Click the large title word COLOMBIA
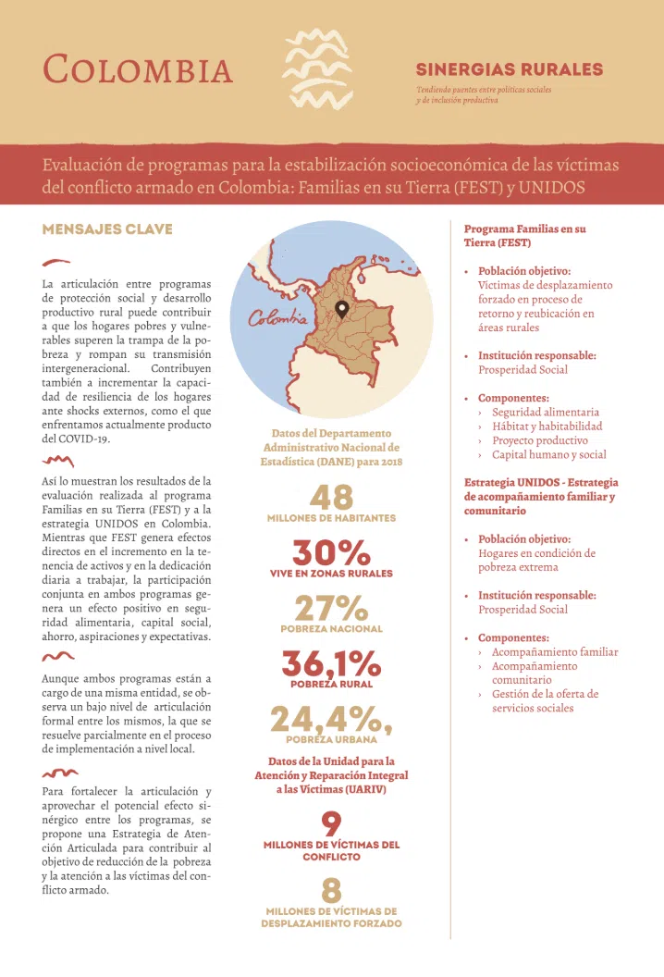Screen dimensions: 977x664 [139, 69]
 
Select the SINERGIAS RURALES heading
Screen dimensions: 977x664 [510, 69]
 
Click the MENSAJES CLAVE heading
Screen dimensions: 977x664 [107, 229]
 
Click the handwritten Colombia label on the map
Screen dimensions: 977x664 [278, 318]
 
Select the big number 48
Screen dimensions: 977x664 [331, 498]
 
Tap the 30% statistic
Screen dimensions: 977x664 [331, 553]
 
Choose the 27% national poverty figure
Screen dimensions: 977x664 [331, 609]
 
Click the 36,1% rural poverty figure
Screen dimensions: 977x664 [331, 664]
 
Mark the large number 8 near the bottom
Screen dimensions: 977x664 [331, 891]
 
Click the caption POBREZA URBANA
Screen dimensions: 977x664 [331, 740]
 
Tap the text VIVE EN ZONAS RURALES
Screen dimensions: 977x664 [331, 574]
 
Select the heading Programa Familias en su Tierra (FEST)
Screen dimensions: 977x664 [525, 235]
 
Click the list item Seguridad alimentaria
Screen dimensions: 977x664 [546, 412]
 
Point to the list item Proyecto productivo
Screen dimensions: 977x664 [540, 440]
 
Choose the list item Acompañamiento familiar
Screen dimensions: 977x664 [555, 652]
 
